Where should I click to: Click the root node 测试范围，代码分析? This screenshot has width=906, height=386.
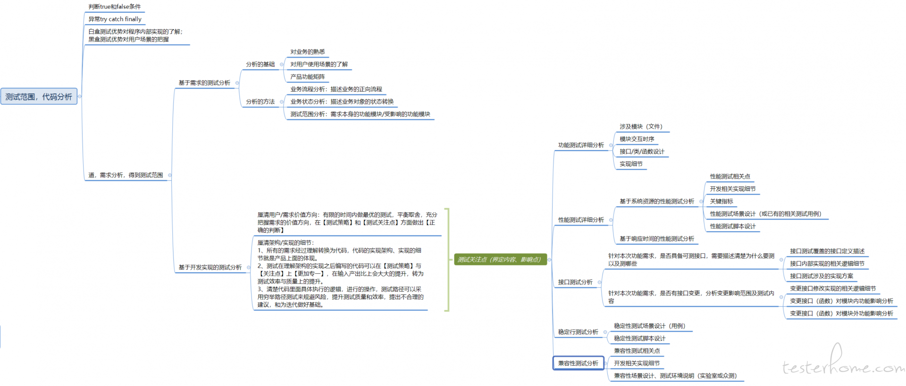pyautogui.click(x=39, y=96)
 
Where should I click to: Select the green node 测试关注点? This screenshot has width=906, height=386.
pyautogui.click(x=500, y=260)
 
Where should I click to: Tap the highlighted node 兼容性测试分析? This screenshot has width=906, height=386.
pyautogui.click(x=578, y=363)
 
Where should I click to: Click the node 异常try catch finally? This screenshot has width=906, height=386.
pyautogui.click(x=115, y=19)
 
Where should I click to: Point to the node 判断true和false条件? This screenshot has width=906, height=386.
pyautogui.click(x=115, y=7)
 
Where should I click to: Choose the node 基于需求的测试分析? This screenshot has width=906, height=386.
pyautogui.click(x=204, y=83)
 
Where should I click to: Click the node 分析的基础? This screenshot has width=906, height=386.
pyautogui.click(x=260, y=64)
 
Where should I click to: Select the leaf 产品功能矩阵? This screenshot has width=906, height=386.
pyautogui.click(x=308, y=77)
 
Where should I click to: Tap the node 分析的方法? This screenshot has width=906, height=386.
pyautogui.click(x=260, y=101)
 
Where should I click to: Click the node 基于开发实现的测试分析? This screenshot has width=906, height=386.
pyautogui.click(x=210, y=268)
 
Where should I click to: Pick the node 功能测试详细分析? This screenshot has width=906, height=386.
pyautogui.click(x=581, y=145)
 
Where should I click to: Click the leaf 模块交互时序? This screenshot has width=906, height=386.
pyautogui.click(x=637, y=139)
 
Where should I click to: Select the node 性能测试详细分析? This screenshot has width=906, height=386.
pyautogui.click(x=581, y=220)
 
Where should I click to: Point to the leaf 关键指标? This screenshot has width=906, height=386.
pyautogui.click(x=721, y=201)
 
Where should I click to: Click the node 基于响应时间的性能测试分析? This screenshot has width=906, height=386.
pyautogui.click(x=657, y=239)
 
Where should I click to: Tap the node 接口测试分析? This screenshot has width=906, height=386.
pyautogui.click(x=575, y=282)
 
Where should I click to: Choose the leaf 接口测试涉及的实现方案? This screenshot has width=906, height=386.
pyautogui.click(x=822, y=276)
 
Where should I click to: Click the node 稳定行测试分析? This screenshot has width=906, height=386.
pyautogui.click(x=578, y=332)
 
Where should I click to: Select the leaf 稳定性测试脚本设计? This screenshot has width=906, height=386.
pyautogui.click(x=639, y=338)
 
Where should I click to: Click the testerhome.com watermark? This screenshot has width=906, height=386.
pyautogui.click(x=843, y=363)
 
